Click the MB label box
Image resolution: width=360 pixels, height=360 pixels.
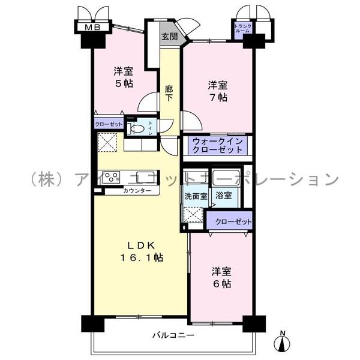point(92,27)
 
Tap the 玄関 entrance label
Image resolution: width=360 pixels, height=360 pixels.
point(169,36)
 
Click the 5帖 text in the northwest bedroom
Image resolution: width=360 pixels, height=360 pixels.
point(124,83)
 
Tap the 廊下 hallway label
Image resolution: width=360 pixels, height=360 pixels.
point(170,92)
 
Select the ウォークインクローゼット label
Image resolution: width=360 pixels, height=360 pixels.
point(217,145)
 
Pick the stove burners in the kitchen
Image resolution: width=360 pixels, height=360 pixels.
point(112,177)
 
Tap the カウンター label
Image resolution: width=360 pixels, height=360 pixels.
point(137,191)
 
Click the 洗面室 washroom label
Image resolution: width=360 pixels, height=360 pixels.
point(194,195)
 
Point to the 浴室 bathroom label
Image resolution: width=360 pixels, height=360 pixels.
point(224,195)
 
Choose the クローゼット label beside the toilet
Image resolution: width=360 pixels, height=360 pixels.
point(109,125)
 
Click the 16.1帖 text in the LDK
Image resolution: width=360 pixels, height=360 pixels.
point(141,257)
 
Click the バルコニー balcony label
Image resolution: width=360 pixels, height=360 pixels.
point(172,335)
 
